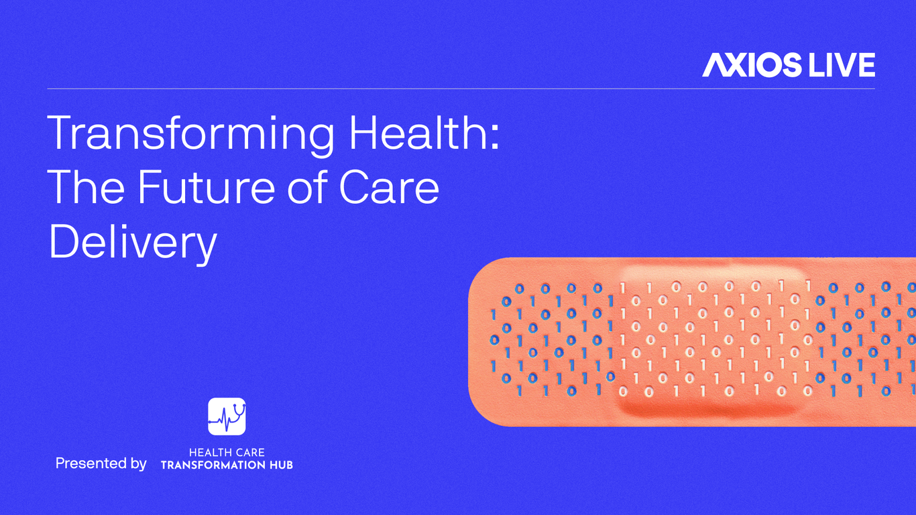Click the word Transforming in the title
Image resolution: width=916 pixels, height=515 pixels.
click(190, 134)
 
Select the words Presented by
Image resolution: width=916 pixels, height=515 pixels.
click(101, 463)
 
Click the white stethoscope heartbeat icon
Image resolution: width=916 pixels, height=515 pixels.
click(227, 416)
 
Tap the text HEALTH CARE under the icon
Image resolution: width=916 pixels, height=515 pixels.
click(227, 453)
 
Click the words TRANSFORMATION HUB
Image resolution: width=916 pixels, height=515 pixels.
click(227, 465)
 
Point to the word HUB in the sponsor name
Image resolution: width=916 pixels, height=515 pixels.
click(281, 465)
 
